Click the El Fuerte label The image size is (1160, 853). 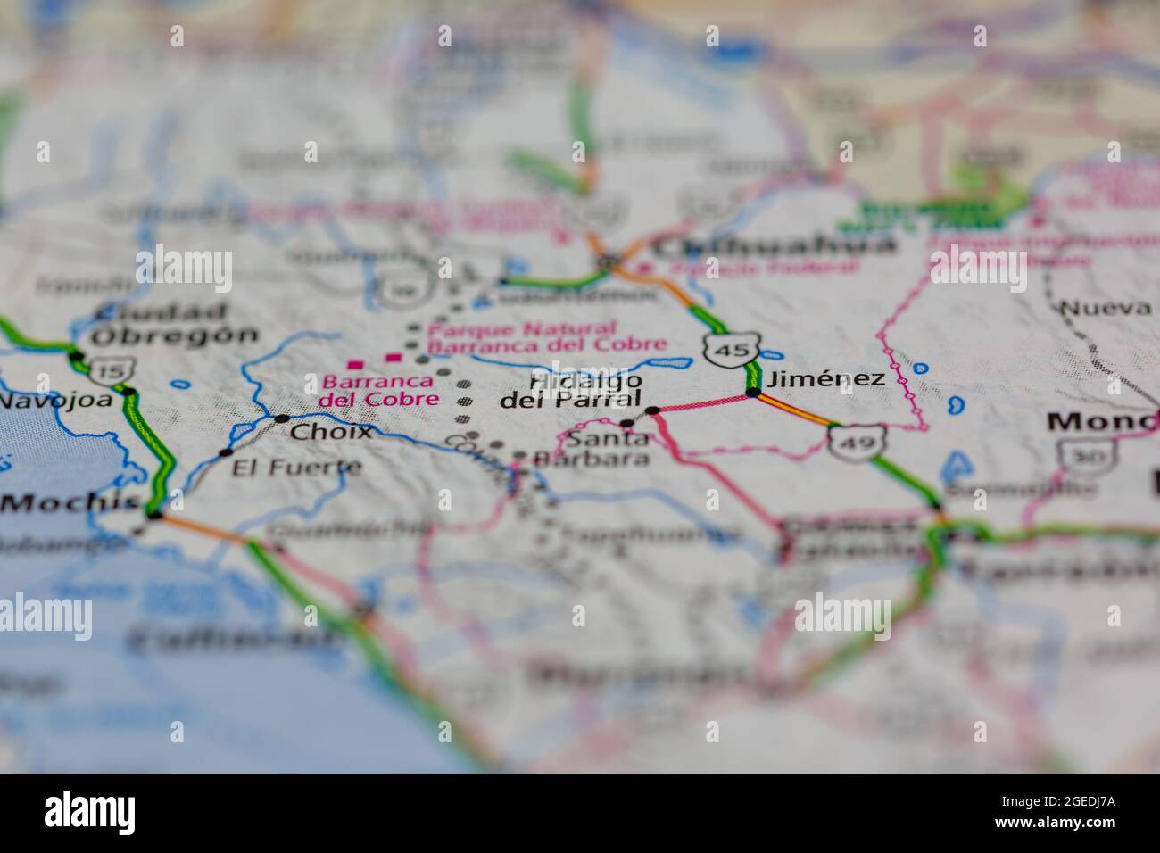(x=297, y=467)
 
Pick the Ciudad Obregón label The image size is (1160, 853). (x=174, y=325)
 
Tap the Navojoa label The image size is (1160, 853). (x=55, y=400)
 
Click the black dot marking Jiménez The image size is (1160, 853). (x=754, y=392)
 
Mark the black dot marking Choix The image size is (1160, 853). (x=282, y=418)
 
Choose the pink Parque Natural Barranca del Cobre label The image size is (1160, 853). (x=546, y=336)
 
